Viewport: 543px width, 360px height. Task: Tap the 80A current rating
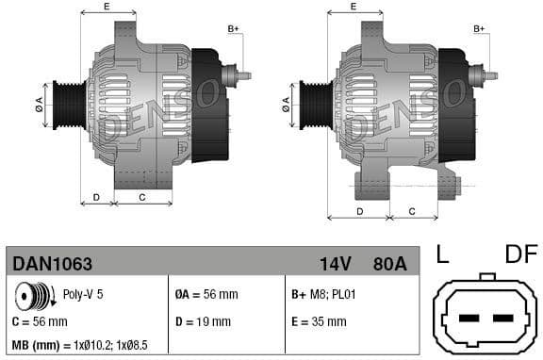[388, 264]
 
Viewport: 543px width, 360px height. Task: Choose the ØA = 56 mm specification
[207, 294]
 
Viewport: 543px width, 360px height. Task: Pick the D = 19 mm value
[203, 321]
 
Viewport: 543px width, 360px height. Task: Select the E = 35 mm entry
[319, 321]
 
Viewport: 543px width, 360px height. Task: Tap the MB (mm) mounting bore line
[79, 346]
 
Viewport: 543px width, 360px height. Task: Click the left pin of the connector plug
[463, 320]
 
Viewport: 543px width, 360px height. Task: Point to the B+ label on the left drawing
[234, 29]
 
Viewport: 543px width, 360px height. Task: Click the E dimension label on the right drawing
[354, 7]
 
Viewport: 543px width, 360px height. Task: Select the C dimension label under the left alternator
[141, 197]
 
